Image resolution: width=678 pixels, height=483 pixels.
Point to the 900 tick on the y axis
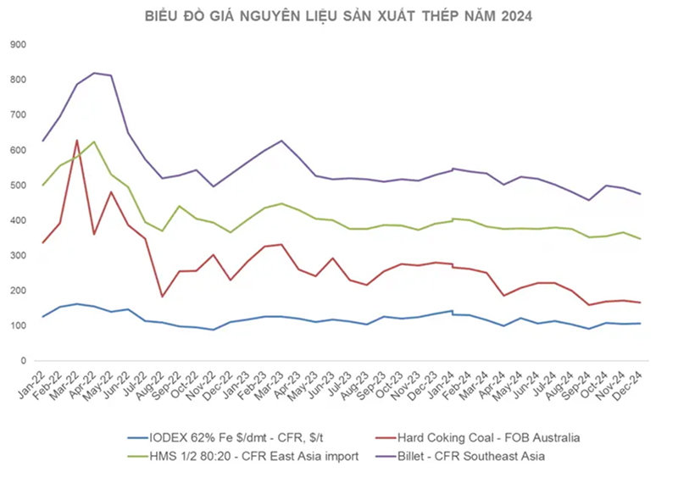click(x=17, y=44)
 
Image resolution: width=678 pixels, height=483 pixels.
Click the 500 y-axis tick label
click(x=17, y=185)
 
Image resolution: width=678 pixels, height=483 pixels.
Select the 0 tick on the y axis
click(x=23, y=361)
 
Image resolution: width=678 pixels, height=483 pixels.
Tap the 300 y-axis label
click(x=17, y=255)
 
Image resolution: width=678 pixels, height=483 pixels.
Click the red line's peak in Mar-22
click(x=77, y=141)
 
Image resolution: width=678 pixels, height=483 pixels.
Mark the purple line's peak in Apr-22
click(x=94, y=73)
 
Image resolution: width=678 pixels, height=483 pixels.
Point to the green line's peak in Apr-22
click(x=94, y=142)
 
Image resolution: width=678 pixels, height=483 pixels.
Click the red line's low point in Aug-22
click(x=163, y=297)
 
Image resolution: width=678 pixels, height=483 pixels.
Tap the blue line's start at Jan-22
click(x=43, y=317)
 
